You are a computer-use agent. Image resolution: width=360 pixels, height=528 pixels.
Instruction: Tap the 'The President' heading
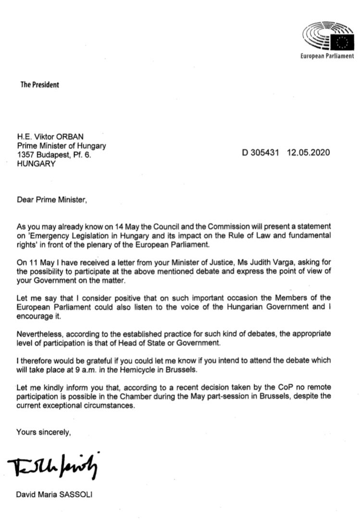[40, 85]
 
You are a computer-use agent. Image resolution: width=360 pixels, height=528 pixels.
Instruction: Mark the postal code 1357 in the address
[25, 154]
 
